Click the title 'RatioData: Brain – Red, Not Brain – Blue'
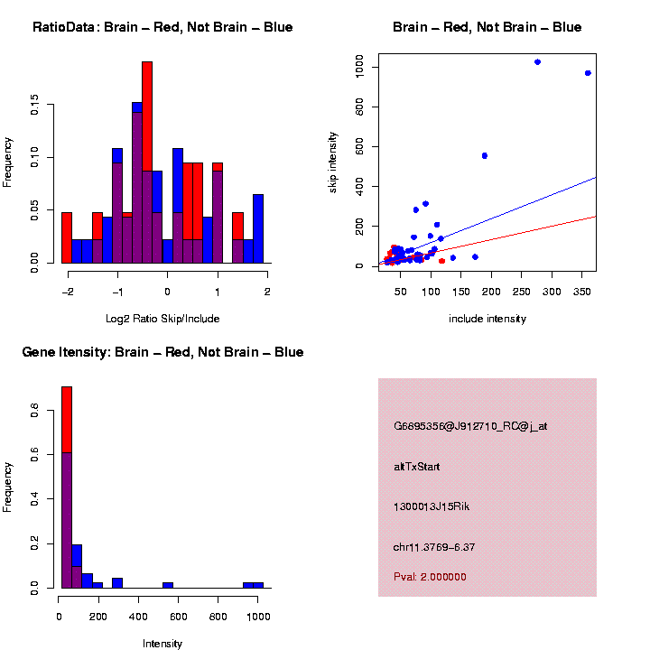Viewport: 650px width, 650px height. [x=162, y=27]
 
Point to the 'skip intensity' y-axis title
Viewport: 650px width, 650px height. [x=332, y=161]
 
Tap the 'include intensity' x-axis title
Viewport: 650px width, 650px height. [x=487, y=319]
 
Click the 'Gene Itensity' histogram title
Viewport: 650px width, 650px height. [x=162, y=352]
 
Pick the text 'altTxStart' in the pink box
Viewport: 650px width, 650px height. [x=417, y=467]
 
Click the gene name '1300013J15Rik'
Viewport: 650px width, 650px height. [x=432, y=506]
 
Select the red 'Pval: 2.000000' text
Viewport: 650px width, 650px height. [x=430, y=577]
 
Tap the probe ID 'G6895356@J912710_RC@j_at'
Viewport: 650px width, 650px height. [x=470, y=426]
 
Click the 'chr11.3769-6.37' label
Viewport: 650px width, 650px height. [x=433, y=547]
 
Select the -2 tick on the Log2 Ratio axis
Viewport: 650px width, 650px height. [x=67, y=292]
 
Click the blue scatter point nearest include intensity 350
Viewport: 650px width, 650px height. [x=588, y=73]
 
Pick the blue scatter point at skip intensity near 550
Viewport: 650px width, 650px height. [x=485, y=155]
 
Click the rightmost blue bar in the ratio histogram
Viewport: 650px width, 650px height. [x=258, y=227]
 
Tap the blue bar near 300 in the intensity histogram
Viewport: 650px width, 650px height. [x=117, y=582]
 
